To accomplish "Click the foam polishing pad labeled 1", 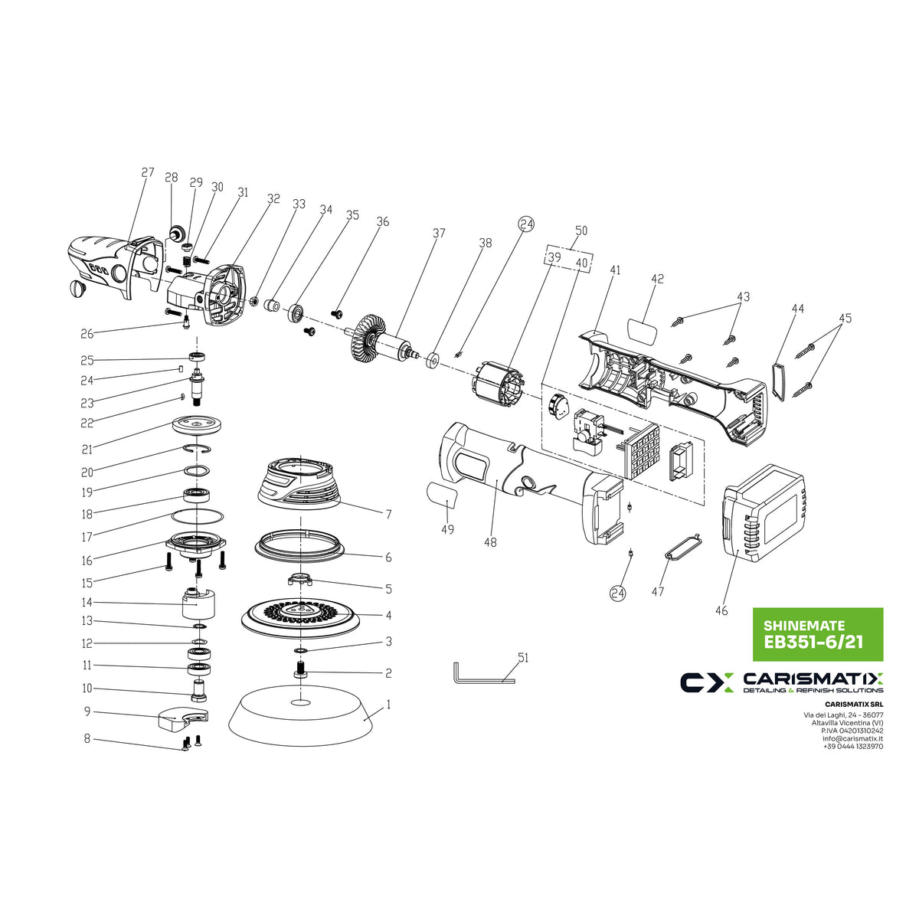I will tap(301, 718).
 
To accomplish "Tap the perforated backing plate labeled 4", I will tap(301, 614).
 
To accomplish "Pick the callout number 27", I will tap(148, 173).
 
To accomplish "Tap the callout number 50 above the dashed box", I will tap(581, 231).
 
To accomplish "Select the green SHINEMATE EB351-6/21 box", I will tap(817, 634).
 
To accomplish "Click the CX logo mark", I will tap(707, 682).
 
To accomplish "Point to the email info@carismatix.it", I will tap(852, 738).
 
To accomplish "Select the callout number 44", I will tap(798, 309).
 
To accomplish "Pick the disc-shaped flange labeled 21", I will tap(197, 424).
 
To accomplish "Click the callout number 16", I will tap(87, 561).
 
